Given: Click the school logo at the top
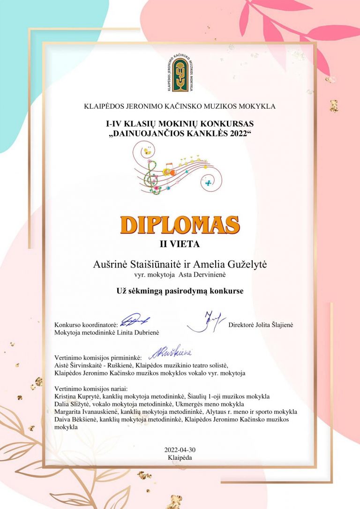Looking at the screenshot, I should tap(180, 75).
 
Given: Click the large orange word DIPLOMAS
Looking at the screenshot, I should tap(180, 225).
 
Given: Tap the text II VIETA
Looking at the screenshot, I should tap(180, 244).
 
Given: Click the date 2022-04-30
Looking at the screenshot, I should tap(180, 450).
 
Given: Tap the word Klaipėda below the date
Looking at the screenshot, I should tap(180, 457).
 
